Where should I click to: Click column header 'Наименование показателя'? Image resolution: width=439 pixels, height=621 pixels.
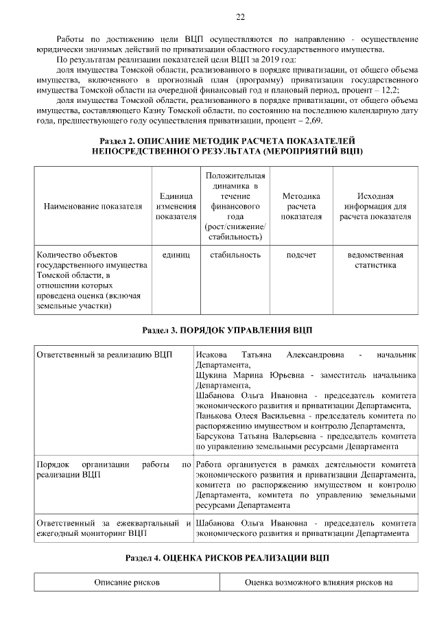point(93,206)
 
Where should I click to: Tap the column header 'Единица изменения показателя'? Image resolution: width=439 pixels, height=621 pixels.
point(174,206)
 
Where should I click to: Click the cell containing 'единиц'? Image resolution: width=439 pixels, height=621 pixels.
point(174,255)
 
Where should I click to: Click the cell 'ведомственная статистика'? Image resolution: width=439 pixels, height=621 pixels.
point(375,260)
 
